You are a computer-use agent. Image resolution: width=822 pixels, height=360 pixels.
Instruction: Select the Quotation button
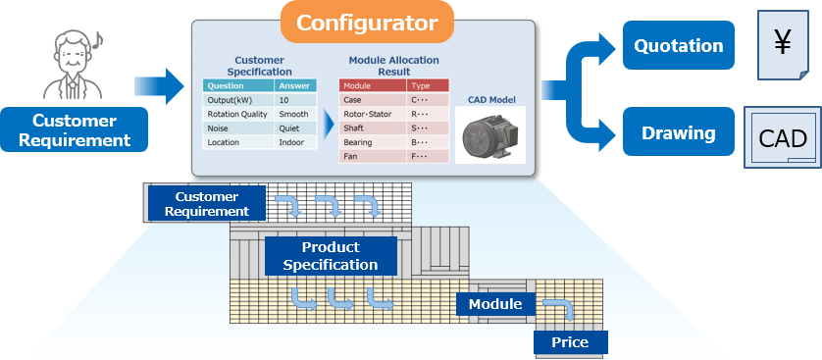[x=678, y=45]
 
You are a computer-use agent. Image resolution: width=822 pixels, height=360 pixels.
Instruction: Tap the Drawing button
[x=678, y=132]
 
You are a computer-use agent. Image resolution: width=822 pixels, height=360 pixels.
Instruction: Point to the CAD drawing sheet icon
[x=783, y=137]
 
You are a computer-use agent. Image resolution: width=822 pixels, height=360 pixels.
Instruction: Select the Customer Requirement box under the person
[x=75, y=130]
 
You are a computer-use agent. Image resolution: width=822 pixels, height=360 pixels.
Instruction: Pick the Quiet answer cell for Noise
[x=296, y=129]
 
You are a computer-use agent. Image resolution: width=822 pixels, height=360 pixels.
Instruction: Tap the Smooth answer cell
[x=296, y=114]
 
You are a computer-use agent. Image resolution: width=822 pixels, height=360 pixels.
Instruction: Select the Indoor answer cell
[x=296, y=142]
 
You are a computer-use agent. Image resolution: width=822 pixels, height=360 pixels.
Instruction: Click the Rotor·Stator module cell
[x=372, y=114]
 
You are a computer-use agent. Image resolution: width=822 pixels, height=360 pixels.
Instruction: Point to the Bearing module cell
[x=372, y=142]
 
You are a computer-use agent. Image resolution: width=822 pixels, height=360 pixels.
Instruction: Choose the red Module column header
[x=372, y=85]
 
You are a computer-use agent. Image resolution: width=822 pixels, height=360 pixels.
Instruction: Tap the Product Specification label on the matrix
[x=331, y=256]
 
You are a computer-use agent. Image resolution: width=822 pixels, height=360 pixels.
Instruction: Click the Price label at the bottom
[x=570, y=342]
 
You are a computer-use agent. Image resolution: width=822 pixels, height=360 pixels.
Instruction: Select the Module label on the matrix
[x=494, y=304]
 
